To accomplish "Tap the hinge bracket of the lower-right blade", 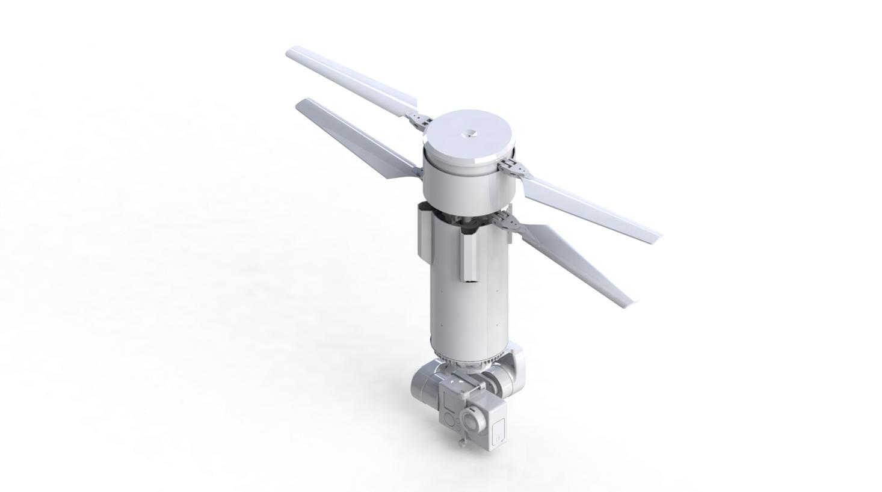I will [511, 221].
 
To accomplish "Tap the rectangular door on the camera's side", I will [498, 431].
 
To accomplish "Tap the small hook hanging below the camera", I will [462, 443].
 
